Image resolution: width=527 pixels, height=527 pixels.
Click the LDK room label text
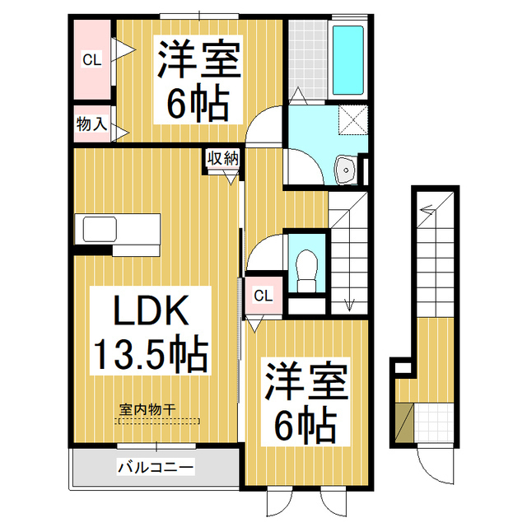pos(141,313)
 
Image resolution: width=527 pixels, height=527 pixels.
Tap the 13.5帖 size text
pos(149,355)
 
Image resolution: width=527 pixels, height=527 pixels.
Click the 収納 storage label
pos(222,157)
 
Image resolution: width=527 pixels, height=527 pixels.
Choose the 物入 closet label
pos(91,125)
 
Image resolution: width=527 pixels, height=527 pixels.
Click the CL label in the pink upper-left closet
pos(91,59)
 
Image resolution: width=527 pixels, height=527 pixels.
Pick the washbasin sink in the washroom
pos(346,170)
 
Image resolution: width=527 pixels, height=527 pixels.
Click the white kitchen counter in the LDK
pos(119,228)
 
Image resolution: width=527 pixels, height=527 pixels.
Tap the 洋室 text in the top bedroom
pos(198,60)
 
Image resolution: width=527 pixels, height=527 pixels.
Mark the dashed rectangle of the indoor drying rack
pos(160,420)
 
